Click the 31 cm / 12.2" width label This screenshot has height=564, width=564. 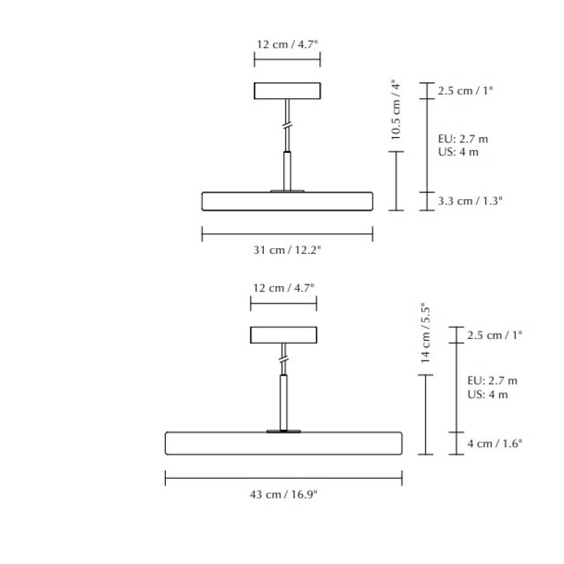[x=287, y=250]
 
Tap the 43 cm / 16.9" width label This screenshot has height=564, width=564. [x=284, y=495]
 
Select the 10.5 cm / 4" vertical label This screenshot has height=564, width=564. [x=396, y=110]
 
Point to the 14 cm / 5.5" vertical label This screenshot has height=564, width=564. [x=425, y=333]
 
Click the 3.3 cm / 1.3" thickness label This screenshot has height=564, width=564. [x=470, y=201]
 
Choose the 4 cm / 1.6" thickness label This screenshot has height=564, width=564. [x=495, y=443]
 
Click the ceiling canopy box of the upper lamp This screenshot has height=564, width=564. [x=287, y=91]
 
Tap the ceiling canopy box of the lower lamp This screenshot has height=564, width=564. [x=284, y=335]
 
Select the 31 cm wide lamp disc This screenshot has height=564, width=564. [x=287, y=201]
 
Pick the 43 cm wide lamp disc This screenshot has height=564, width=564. [x=284, y=443]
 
